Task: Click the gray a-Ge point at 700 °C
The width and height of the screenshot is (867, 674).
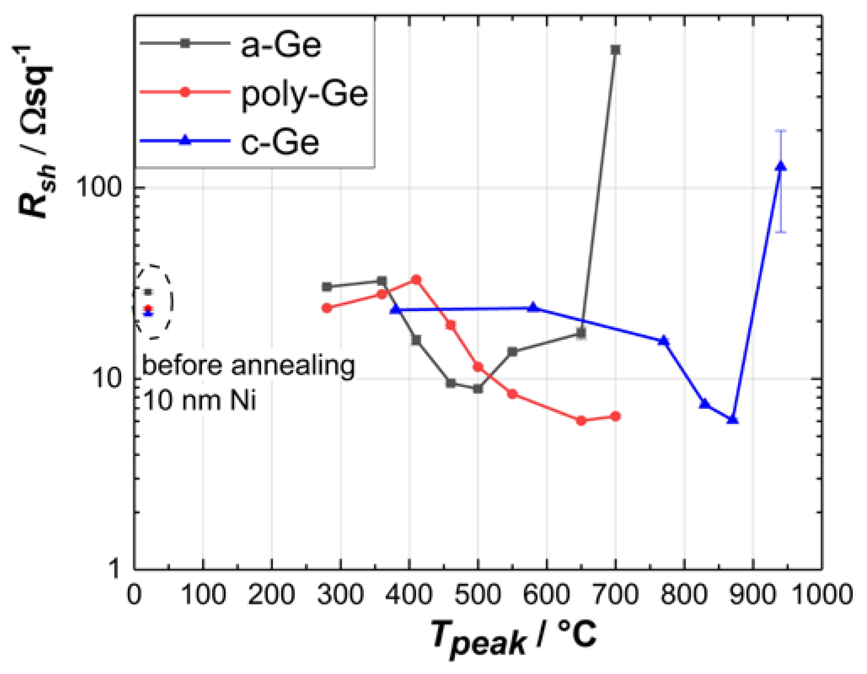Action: tap(615, 50)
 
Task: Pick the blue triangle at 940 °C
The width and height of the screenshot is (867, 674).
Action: tap(781, 166)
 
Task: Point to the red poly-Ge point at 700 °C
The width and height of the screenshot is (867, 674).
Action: tap(615, 416)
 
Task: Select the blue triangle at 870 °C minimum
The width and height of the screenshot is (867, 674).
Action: tap(732, 420)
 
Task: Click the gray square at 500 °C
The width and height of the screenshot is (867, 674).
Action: tap(478, 389)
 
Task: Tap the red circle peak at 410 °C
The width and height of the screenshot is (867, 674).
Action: tap(416, 279)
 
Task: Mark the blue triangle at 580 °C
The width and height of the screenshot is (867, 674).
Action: tap(533, 307)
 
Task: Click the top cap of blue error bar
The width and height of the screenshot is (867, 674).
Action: tap(781, 131)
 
